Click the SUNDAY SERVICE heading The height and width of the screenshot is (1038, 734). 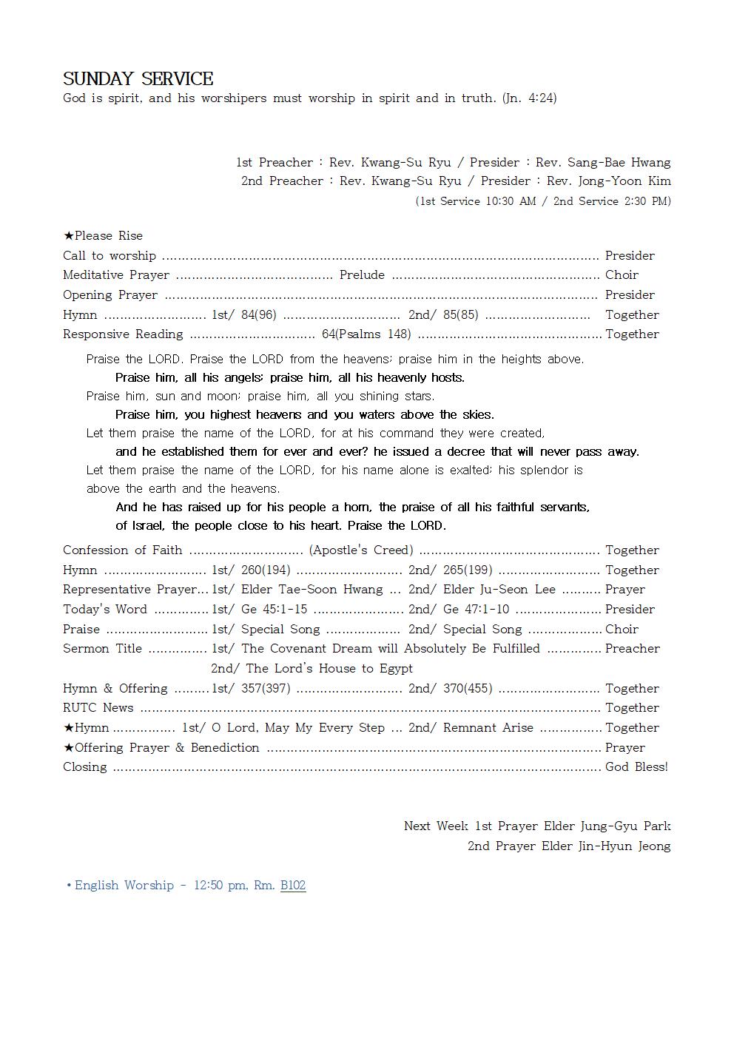click(x=138, y=79)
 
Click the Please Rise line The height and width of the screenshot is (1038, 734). click(x=103, y=235)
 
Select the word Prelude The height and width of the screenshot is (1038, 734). click(x=362, y=275)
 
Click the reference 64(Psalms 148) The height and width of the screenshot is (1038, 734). click(x=366, y=334)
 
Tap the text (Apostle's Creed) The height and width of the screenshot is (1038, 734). click(x=361, y=550)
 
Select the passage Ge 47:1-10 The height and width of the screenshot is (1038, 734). click(x=476, y=610)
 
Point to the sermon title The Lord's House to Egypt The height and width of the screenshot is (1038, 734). click(x=329, y=669)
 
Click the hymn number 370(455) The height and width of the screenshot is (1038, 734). click(x=468, y=689)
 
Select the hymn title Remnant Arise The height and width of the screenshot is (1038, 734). click(x=488, y=728)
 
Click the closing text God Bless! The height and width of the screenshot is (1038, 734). click(x=636, y=767)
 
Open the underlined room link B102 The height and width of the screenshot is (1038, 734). click(x=293, y=886)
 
